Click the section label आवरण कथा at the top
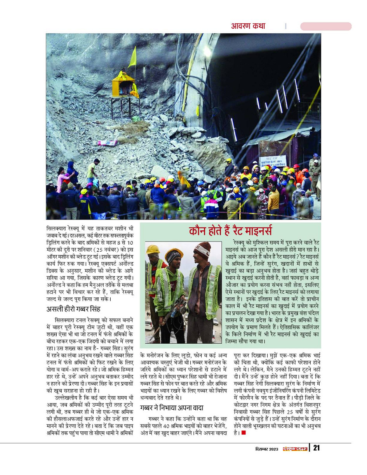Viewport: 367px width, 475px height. point(248,26)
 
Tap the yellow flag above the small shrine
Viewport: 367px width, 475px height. point(133,57)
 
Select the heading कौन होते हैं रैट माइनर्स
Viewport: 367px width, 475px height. point(230,230)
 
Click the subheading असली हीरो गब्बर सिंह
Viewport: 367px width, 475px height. point(73,309)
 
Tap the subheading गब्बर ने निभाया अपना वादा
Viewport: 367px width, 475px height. point(172,407)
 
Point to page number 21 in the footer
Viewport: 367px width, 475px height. point(317,448)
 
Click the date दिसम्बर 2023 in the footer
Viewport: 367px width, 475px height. point(266,449)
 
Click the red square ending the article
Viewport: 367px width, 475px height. point(244,432)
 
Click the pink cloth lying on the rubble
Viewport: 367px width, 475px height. point(107,143)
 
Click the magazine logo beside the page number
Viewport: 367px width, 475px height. point(295,449)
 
